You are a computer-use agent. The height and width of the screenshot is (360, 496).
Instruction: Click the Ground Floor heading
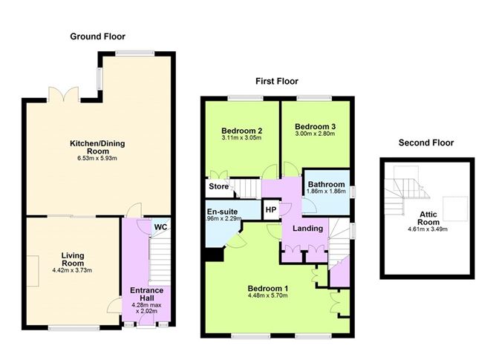97,36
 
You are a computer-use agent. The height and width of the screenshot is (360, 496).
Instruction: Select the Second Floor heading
425,143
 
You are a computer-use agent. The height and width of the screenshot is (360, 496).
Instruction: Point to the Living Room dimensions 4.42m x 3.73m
73,270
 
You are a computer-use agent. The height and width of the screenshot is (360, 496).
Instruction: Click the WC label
160,226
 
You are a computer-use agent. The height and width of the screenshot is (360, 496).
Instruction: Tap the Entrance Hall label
146,295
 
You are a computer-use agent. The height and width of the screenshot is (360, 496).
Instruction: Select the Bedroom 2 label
242,130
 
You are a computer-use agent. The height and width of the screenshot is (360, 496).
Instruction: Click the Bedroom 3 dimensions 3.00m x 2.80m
315,134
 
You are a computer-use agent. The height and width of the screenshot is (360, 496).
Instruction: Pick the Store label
218,186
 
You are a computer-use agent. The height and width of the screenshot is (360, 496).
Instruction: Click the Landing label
307,228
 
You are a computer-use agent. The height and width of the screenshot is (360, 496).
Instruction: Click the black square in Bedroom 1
214,255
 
